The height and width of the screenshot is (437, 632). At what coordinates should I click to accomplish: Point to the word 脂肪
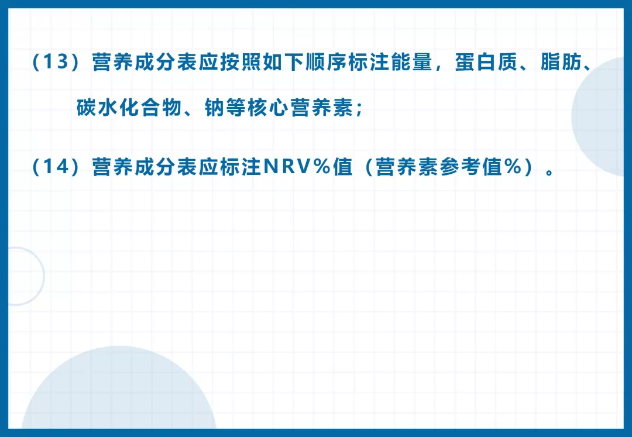561,62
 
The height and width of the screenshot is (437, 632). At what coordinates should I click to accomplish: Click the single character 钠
214,108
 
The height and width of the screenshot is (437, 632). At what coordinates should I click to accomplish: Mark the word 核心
267,108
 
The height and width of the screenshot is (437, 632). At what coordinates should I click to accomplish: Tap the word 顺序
326,62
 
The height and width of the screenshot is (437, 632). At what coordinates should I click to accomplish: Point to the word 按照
241,62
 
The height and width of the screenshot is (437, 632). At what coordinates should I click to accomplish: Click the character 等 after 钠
235,108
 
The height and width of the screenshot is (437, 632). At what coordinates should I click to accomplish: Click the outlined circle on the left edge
43,276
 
